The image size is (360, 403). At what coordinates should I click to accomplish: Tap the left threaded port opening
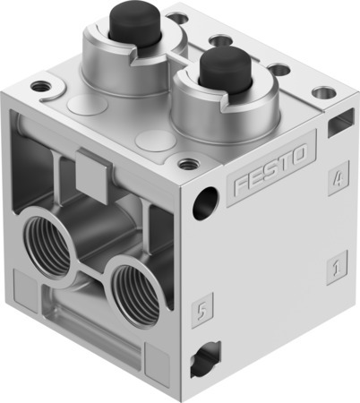48,243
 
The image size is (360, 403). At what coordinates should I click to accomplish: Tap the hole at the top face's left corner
40,88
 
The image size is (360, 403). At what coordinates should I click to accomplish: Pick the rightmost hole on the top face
323,92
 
